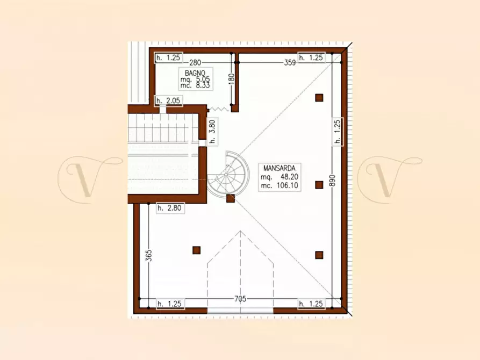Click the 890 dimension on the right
click(x=333, y=181)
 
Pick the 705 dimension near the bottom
click(x=240, y=299)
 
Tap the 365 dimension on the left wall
click(x=149, y=255)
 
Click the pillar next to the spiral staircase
click(x=231, y=199)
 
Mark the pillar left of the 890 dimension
click(x=319, y=185)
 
